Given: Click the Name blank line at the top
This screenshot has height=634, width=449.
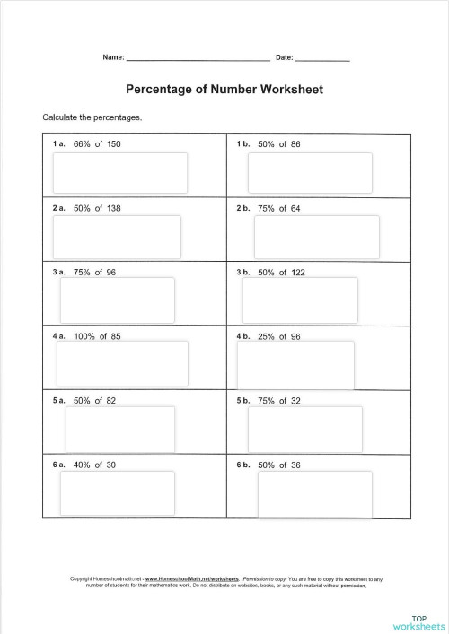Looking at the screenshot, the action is point(198,58).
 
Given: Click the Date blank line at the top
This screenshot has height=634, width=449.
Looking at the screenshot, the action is point(322,58).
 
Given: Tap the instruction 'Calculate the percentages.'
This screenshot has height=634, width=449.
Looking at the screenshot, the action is point(92,117).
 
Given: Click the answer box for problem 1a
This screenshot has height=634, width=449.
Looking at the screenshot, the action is point(121,172).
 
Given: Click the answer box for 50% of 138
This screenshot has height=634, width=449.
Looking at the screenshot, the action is point(117,236).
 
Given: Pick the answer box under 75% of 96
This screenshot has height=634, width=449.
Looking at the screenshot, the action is point(117,299).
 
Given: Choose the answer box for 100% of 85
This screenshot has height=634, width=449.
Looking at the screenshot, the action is point(122,361).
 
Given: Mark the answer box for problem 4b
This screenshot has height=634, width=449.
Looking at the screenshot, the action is point(295,363).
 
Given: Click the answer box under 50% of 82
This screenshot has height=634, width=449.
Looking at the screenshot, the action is point(120,428).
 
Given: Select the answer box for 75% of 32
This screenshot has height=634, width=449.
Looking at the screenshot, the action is point(304,428).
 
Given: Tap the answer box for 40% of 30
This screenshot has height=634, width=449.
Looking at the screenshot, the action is point(118,492).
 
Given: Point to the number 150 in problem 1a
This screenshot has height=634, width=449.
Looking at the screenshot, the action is point(113,143).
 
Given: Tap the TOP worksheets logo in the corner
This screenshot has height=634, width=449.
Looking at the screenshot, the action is point(418,621).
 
